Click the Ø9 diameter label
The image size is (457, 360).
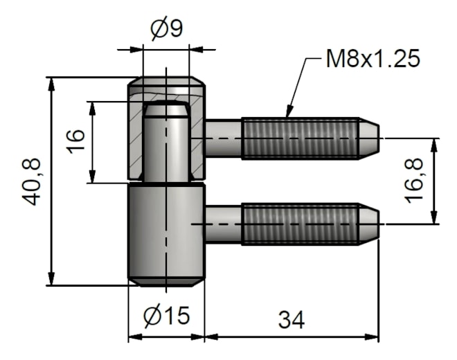pyautogui.click(x=166, y=29)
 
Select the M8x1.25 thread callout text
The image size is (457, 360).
pyautogui.click(x=373, y=58)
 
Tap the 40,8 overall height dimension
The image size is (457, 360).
pyautogui.click(x=31, y=182)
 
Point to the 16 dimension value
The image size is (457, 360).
pyautogui.click(x=75, y=142)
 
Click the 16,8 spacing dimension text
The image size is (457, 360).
pyautogui.click(x=413, y=181)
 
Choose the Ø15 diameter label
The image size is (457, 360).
pyautogui.click(x=166, y=316)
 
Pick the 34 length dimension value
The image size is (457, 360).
pyautogui.click(x=291, y=320)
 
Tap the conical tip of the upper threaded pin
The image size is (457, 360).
pyautogui.click(x=368, y=138)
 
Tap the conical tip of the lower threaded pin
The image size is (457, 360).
pyautogui.click(x=368, y=224)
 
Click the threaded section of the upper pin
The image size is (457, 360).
pyautogui.click(x=300, y=138)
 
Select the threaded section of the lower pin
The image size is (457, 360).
pyautogui.click(x=300, y=224)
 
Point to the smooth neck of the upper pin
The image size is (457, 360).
pyautogui.click(x=224, y=138)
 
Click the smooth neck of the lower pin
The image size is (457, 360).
pyautogui.click(x=224, y=224)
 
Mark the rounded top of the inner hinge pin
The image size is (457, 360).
pyautogui.click(x=166, y=109)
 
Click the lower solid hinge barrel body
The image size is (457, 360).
pyautogui.click(x=166, y=232)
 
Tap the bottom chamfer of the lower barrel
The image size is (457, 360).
pyautogui.click(x=166, y=282)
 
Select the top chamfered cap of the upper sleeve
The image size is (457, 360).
pyautogui.click(x=166, y=81)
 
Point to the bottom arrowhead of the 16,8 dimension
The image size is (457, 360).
pyautogui.click(x=435, y=216)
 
